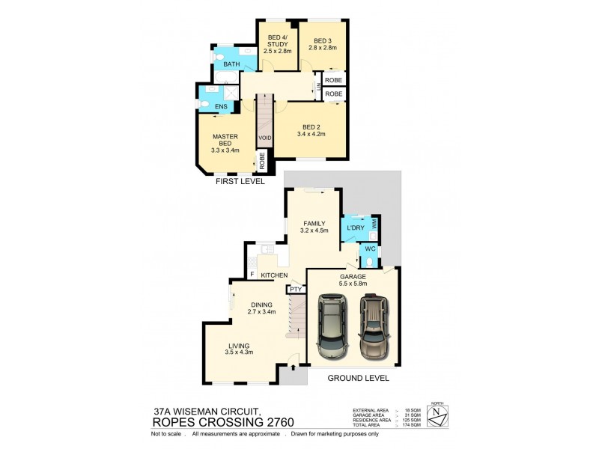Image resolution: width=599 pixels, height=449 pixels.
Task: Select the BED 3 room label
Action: [323, 40]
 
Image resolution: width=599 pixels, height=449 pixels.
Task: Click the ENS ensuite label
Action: [221, 107]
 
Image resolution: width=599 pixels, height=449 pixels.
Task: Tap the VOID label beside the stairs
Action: [265, 138]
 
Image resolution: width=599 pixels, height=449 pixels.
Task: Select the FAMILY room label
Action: [314, 223]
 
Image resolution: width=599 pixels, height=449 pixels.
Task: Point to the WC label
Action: [370, 248]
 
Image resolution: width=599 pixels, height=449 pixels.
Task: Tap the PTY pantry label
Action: [297, 289]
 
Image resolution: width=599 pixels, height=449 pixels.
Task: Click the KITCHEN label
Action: [275, 276]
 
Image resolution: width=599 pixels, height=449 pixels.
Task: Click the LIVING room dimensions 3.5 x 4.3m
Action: [240, 352]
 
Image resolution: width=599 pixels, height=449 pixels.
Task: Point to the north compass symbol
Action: [443, 415]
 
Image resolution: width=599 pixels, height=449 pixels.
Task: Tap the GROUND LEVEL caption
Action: [358, 378]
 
